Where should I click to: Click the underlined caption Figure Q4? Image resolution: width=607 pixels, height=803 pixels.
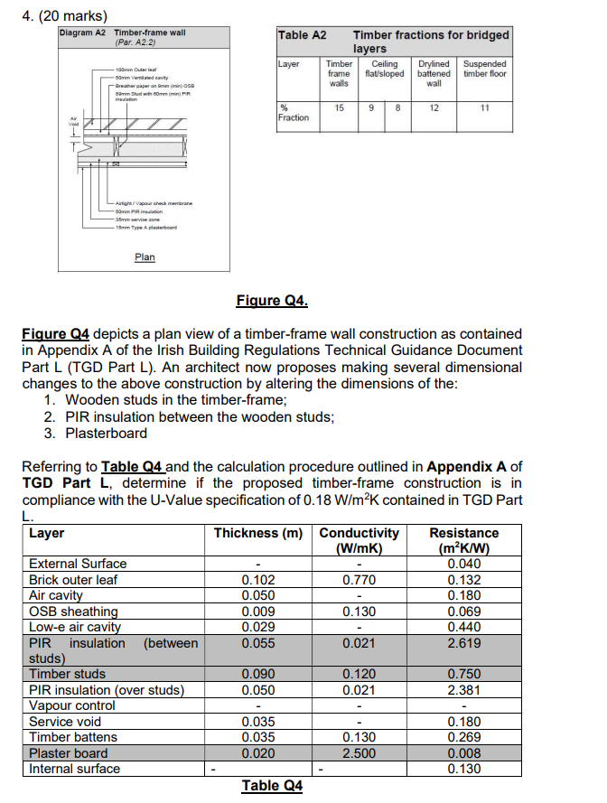(271, 300)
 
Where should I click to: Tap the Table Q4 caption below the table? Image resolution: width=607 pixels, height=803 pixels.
(272, 785)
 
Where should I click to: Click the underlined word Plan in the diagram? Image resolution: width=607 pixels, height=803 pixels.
(145, 257)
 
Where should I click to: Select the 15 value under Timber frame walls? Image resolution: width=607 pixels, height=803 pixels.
(339, 107)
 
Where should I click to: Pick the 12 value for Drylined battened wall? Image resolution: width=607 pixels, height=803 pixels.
(434, 107)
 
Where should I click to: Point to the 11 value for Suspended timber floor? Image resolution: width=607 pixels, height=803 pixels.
(484, 107)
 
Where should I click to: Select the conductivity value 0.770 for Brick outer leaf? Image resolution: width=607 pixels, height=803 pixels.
(359, 579)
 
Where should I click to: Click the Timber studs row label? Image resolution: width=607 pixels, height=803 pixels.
(67, 674)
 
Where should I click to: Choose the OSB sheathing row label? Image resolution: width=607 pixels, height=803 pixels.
(73, 611)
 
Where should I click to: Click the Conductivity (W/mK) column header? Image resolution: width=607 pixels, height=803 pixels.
(359, 540)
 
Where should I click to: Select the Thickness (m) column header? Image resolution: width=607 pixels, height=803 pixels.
(257, 533)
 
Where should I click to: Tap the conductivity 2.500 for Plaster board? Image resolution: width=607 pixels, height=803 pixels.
(359, 753)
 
